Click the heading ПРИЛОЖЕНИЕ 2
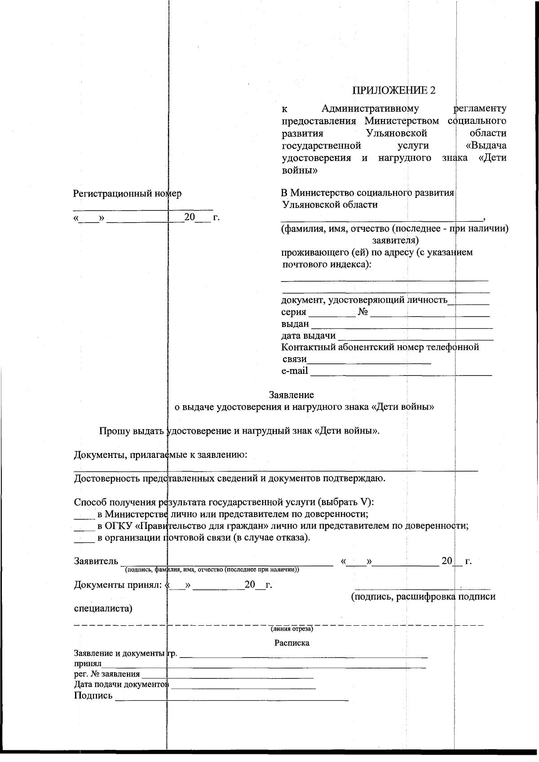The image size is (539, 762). click(393, 90)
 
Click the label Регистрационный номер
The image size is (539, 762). click(127, 193)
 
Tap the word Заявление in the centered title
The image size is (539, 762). click(291, 395)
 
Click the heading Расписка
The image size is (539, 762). click(292, 643)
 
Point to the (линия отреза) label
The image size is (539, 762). click(292, 628)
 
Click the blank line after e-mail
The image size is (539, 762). click(401, 372)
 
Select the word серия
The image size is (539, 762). click(294, 312)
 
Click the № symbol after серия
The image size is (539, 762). click(363, 312)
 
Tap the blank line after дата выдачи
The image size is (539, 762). click(415, 337)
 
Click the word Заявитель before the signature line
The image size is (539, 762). click(96, 561)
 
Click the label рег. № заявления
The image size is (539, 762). click(107, 674)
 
